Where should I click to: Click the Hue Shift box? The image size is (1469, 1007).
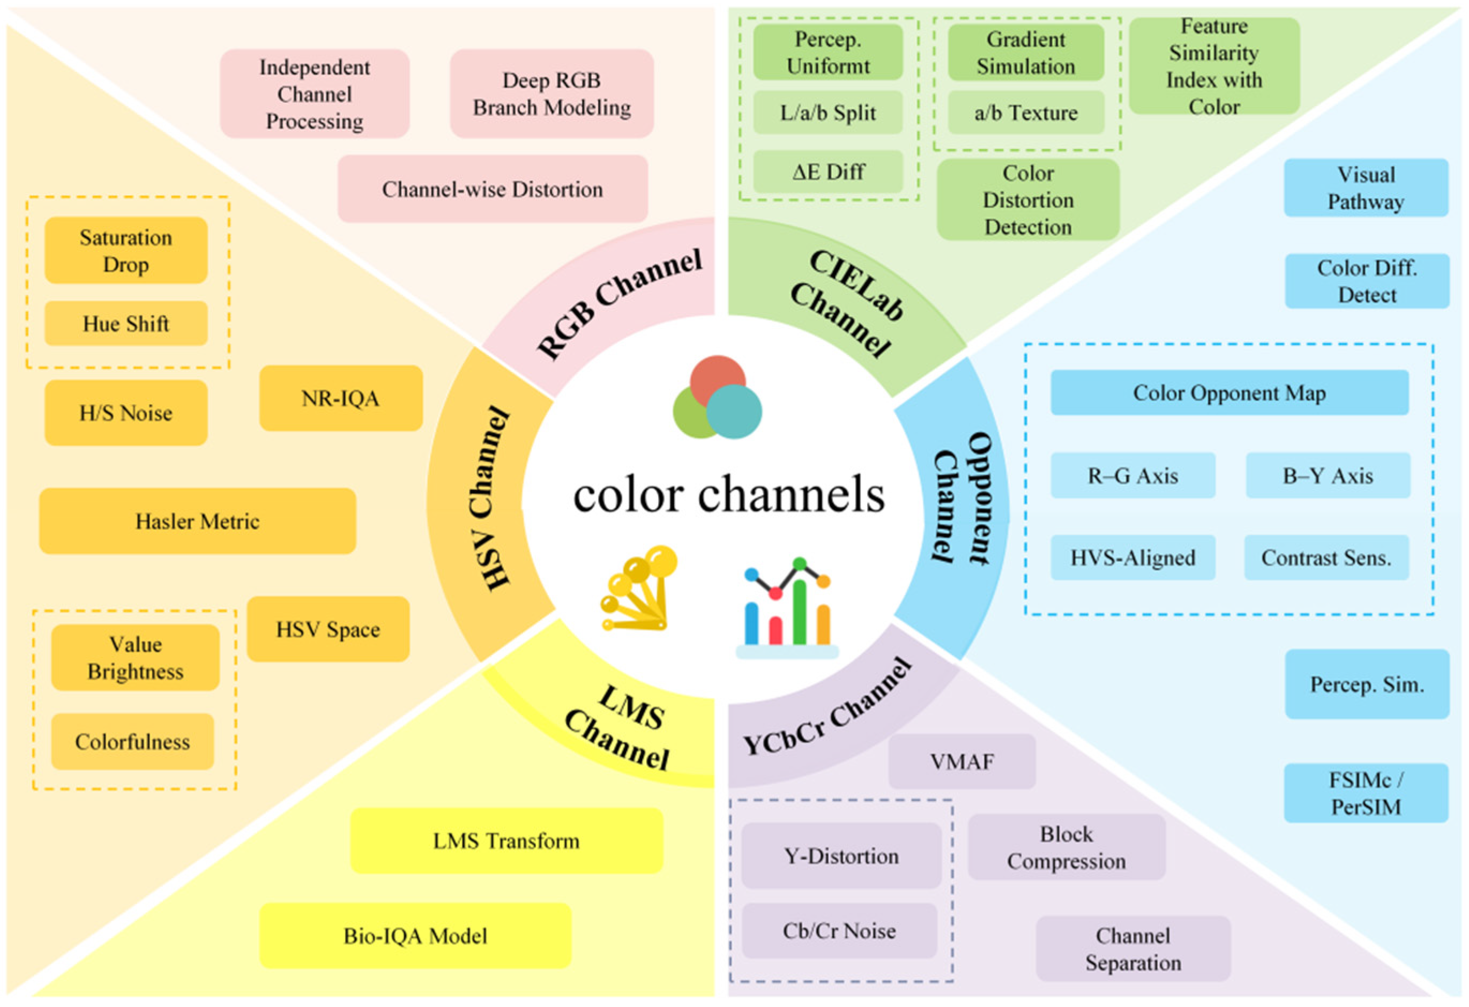pos(126,324)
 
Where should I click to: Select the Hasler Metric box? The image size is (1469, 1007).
pos(197,521)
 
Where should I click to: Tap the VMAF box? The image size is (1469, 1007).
pos(961,761)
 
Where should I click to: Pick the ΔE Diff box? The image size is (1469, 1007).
pos(828,171)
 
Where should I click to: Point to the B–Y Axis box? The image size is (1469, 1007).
pos(1328,475)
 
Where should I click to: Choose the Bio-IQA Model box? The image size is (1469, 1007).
pos(415,936)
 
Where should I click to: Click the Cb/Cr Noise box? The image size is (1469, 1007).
pos(839,930)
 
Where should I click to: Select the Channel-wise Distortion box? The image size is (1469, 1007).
pos(492,189)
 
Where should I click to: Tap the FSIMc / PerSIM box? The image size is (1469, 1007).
pos(1366,793)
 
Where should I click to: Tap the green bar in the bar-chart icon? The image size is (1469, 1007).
pos(800,610)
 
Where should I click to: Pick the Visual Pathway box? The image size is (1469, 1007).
pos(1366,188)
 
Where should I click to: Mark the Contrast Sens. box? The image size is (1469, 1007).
pos(1326,557)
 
